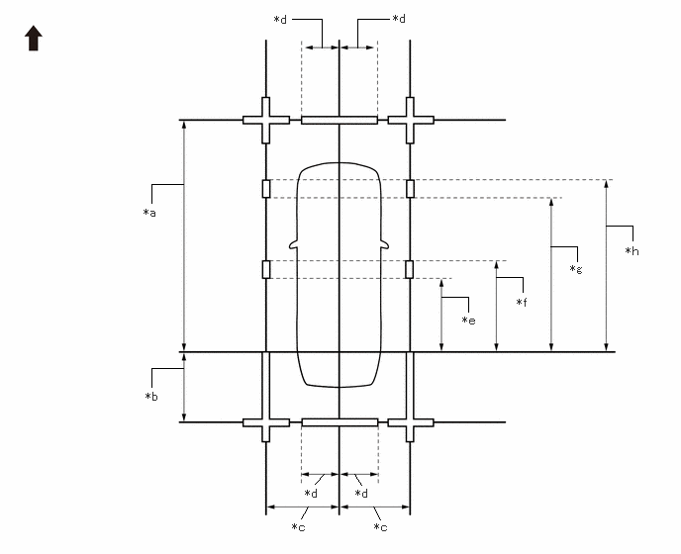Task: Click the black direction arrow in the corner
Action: (x=34, y=39)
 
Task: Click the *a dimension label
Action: (x=149, y=213)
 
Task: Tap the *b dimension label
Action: (x=151, y=397)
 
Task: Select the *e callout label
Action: (x=468, y=321)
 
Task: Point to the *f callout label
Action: (x=522, y=302)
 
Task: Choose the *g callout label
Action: (x=576, y=269)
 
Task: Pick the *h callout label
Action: (x=632, y=251)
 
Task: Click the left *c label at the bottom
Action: (x=298, y=527)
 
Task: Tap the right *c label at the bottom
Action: (x=380, y=527)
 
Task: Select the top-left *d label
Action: (x=280, y=20)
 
